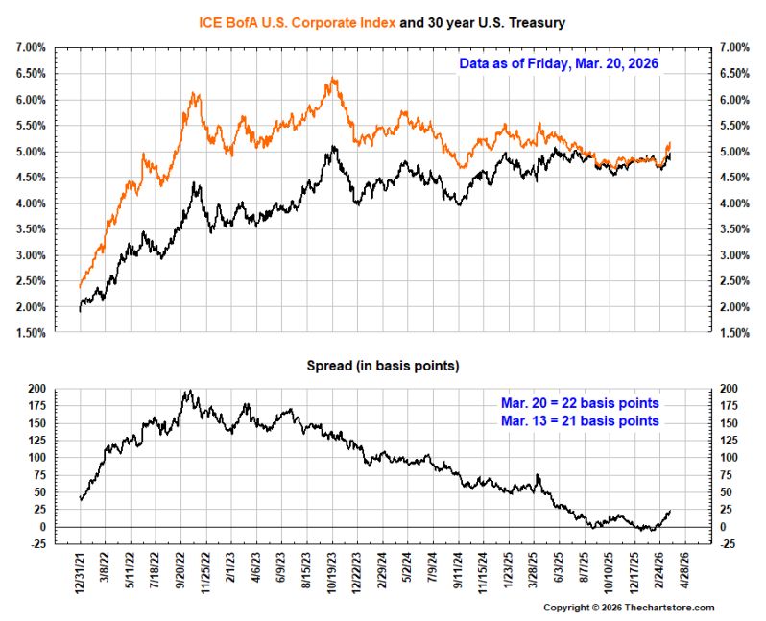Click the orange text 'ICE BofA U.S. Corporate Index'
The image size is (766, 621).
297,23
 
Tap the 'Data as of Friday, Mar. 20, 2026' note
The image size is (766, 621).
559,63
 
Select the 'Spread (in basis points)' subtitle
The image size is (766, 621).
383,366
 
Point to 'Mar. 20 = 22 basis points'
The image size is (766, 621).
580,403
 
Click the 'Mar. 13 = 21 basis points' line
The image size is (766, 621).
580,420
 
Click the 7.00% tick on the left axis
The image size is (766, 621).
31,47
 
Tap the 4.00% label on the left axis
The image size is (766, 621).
31,203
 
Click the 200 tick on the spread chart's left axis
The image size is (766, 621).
37,389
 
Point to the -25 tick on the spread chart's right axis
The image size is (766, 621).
727,544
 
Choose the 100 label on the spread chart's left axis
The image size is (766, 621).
37,458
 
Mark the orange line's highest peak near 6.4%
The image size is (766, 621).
333,78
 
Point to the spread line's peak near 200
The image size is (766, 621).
190,391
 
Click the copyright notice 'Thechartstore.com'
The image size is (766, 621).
669,608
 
